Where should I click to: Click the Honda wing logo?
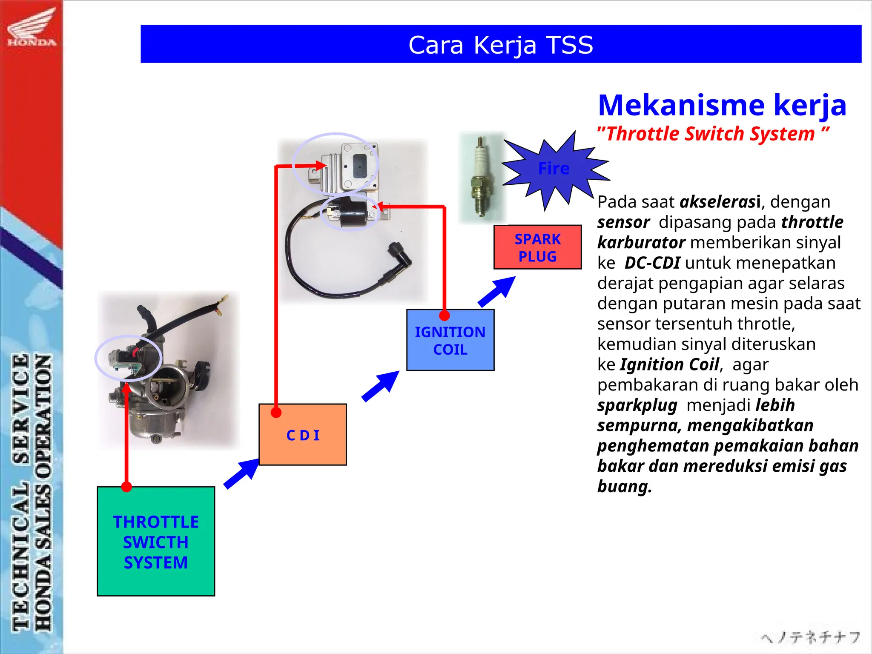pyautogui.click(x=32, y=26)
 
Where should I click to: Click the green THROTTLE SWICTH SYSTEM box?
pyautogui.click(x=156, y=541)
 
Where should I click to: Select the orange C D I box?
pyautogui.click(x=303, y=435)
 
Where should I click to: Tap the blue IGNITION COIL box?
pyautogui.click(x=450, y=341)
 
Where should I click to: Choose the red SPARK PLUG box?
pyautogui.click(x=537, y=247)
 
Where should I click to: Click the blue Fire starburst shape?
pyautogui.click(x=554, y=169)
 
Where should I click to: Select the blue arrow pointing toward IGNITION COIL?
pyautogui.click(x=381, y=385)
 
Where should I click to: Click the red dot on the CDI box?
pyautogui.click(x=276, y=413)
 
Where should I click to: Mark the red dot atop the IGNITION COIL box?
pyautogui.click(x=445, y=316)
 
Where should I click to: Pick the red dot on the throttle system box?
pyautogui.click(x=126, y=487)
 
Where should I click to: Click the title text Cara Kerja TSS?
pyautogui.click(x=501, y=45)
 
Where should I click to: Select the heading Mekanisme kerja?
pyautogui.click(x=722, y=105)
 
